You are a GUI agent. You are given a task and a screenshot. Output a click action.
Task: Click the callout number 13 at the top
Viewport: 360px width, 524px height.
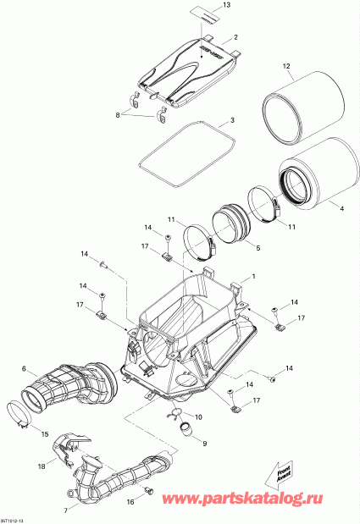point(225,6)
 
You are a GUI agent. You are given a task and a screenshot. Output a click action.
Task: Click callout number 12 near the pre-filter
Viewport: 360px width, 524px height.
point(285,65)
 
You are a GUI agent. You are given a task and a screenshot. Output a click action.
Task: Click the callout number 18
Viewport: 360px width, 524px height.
point(40,466)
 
